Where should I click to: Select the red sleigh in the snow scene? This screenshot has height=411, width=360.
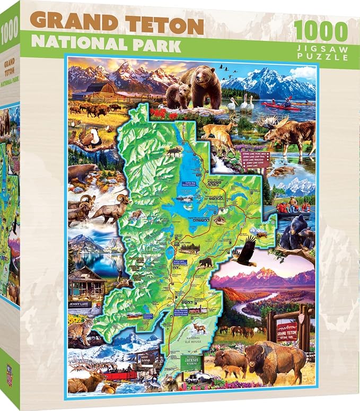tap(119, 374)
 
